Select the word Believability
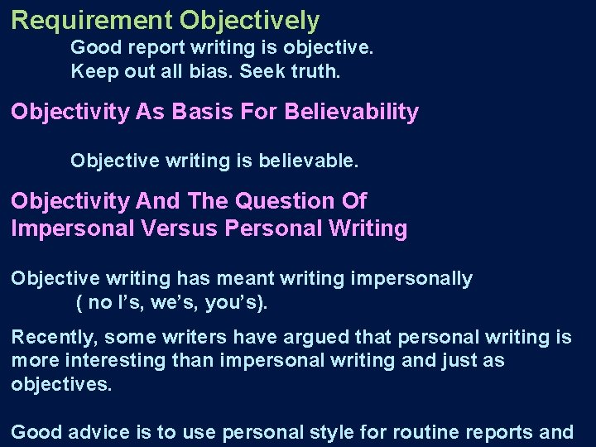pyautogui.click(x=352, y=112)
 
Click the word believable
pyautogui.click(x=316, y=160)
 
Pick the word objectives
pyautogui.click(x=60, y=385)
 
